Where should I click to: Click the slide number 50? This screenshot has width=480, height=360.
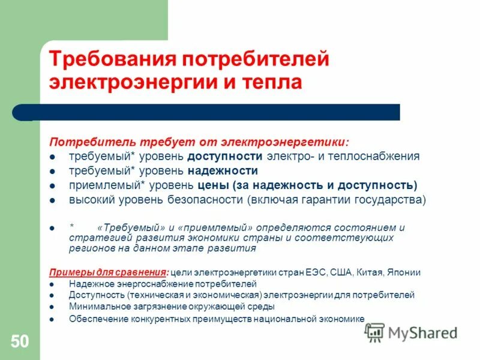tap(19, 342)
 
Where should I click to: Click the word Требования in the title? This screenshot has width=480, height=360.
tap(111, 59)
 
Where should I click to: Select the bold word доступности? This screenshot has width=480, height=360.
tap(225, 157)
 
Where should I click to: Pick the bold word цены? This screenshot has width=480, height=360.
tap(212, 185)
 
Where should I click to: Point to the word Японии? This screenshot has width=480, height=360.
tap(405, 272)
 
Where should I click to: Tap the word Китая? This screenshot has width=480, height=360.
tap(371, 272)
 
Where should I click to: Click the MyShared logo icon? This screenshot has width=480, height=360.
tap(374, 332)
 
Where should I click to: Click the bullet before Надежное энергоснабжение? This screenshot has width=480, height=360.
tap(53, 284)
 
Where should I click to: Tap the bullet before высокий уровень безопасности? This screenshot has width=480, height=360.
tap(53, 200)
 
